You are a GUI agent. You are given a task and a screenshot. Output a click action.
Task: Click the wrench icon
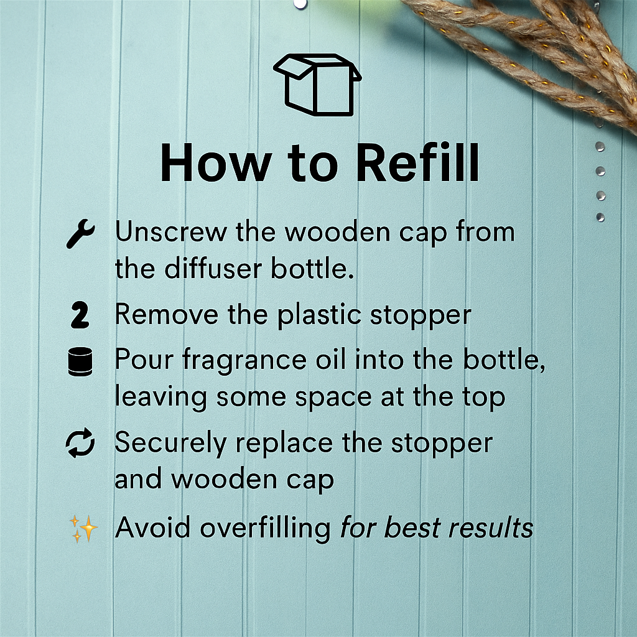[x=80, y=236]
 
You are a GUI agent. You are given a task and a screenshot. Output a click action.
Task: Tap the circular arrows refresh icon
[x=80, y=445]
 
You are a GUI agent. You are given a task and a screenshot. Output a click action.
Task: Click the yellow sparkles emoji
[x=83, y=529]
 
